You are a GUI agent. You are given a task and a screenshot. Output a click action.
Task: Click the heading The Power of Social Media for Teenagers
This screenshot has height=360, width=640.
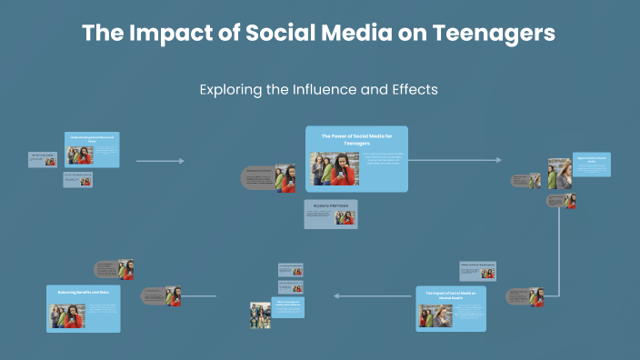click(x=357, y=139)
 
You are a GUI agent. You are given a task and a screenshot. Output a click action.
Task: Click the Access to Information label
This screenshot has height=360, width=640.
click(x=331, y=206)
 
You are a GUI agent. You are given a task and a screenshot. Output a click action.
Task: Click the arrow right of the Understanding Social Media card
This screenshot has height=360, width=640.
click(x=160, y=161)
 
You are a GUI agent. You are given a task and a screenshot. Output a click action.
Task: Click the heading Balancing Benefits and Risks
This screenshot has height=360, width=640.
click(x=84, y=293)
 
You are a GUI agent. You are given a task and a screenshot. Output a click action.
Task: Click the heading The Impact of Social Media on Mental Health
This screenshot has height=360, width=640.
click(x=452, y=295)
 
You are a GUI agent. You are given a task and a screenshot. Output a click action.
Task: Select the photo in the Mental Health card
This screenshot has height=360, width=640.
click(x=435, y=315)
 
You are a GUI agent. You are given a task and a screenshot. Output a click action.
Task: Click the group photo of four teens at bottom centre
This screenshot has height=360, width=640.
click(x=260, y=315)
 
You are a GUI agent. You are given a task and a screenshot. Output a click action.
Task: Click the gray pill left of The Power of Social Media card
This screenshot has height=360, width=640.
click(x=258, y=177)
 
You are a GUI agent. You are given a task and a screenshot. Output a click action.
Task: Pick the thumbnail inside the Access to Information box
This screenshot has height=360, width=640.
click(x=345, y=218)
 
